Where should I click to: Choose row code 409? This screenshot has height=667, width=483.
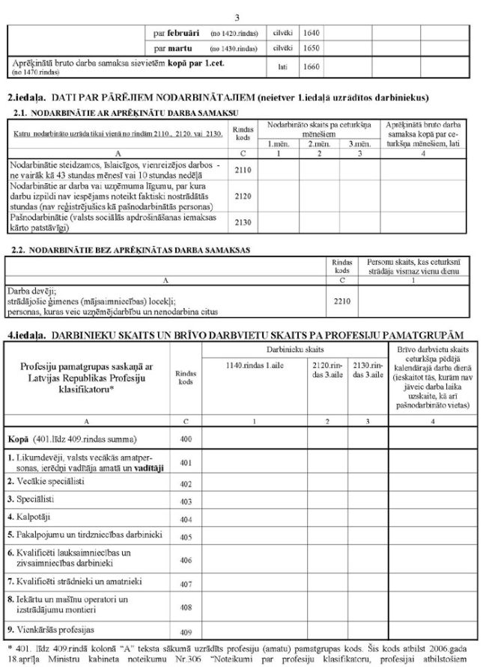[186, 631]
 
